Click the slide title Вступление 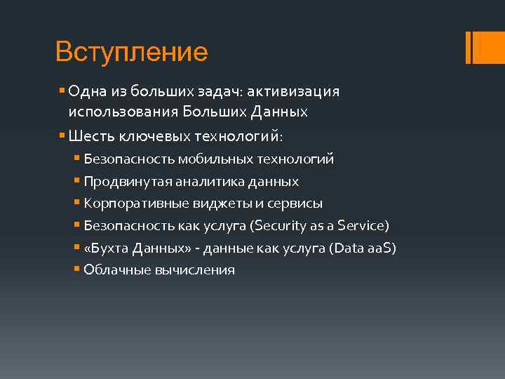click(131, 51)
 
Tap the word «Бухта click(102, 248)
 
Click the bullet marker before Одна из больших click(63, 92)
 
